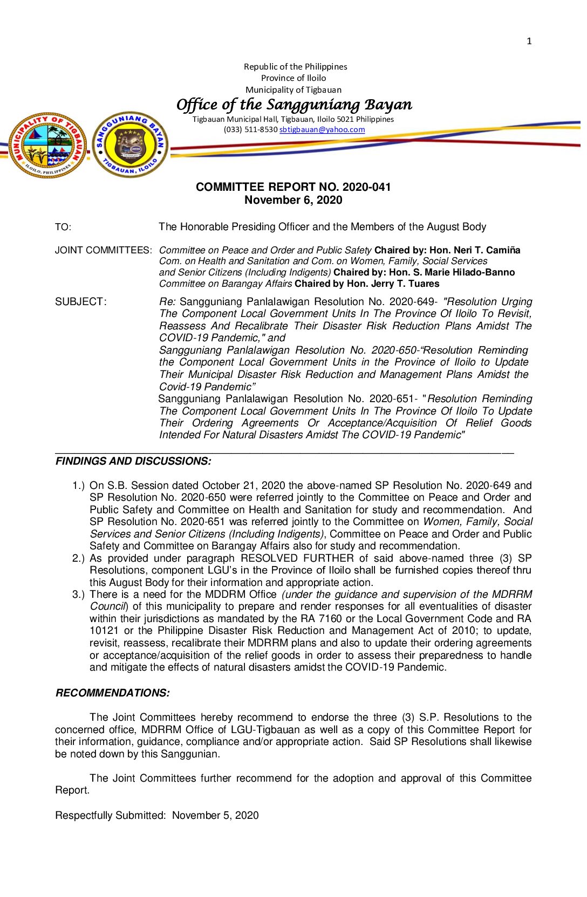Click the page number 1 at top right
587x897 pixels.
click(529, 41)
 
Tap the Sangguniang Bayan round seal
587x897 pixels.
click(131, 144)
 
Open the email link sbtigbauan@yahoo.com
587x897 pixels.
click(322, 129)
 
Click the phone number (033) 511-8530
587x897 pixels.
click(250, 129)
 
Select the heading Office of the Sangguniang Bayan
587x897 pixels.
click(294, 105)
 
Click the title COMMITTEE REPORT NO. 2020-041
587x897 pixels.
click(293, 187)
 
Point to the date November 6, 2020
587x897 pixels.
click(293, 200)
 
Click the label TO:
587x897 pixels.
click(63, 227)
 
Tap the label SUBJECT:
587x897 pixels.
click(81, 302)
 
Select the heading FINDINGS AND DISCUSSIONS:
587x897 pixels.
click(133, 461)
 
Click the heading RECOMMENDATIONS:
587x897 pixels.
click(112, 693)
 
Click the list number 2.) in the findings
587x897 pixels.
click(79, 558)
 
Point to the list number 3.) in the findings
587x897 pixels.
click(79, 595)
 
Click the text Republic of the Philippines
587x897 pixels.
click(295, 67)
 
